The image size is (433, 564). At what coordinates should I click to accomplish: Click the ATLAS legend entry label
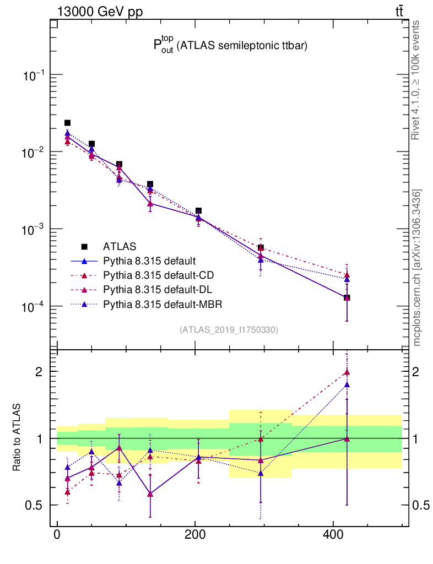click(x=120, y=246)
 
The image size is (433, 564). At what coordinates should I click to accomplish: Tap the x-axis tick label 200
click(x=195, y=536)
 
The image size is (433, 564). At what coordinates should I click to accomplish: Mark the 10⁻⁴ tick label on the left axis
click(x=33, y=306)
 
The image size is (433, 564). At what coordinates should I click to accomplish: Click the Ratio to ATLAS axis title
click(x=18, y=437)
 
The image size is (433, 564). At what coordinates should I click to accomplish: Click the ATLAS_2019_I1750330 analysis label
click(x=229, y=330)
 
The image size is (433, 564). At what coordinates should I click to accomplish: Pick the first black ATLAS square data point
click(x=67, y=123)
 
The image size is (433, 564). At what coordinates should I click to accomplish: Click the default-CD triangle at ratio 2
click(x=347, y=372)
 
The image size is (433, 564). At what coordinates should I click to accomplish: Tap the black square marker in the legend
click(x=84, y=246)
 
